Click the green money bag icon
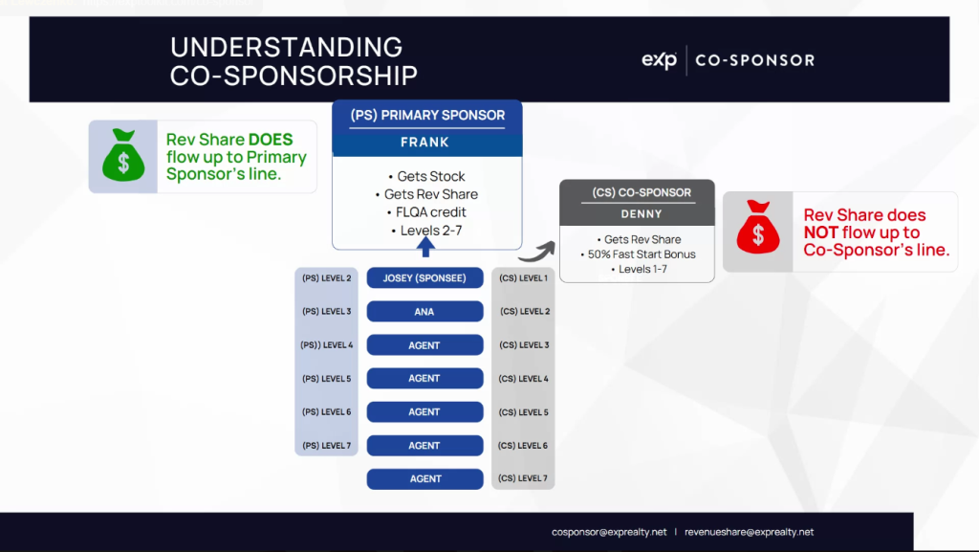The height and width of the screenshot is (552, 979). pos(122,156)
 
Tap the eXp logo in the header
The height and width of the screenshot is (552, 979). pos(660,60)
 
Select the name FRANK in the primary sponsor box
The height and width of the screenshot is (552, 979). pos(427,143)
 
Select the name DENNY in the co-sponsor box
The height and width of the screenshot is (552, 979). pos(637,214)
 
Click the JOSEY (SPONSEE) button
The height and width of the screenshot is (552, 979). pos(424,278)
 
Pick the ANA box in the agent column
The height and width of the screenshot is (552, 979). pos(424,312)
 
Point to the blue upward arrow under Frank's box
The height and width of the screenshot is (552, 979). pos(426,248)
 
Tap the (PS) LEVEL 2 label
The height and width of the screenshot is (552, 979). pos(327,278)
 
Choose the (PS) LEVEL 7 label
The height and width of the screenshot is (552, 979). pos(327,446)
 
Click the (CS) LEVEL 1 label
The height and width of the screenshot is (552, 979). pos(524,278)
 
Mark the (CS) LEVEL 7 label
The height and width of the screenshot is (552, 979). pos(524,478)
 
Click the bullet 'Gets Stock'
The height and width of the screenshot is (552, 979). pos(426,177)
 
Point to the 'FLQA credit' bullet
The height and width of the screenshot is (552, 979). pos(426,212)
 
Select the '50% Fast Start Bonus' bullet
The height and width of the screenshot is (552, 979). pos(638,254)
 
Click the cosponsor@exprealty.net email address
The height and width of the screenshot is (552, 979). pos(609,532)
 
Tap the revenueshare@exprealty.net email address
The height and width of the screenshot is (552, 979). pos(749,532)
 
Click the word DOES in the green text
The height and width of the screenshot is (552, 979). pos(271,140)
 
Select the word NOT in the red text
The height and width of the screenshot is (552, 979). pos(821,232)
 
